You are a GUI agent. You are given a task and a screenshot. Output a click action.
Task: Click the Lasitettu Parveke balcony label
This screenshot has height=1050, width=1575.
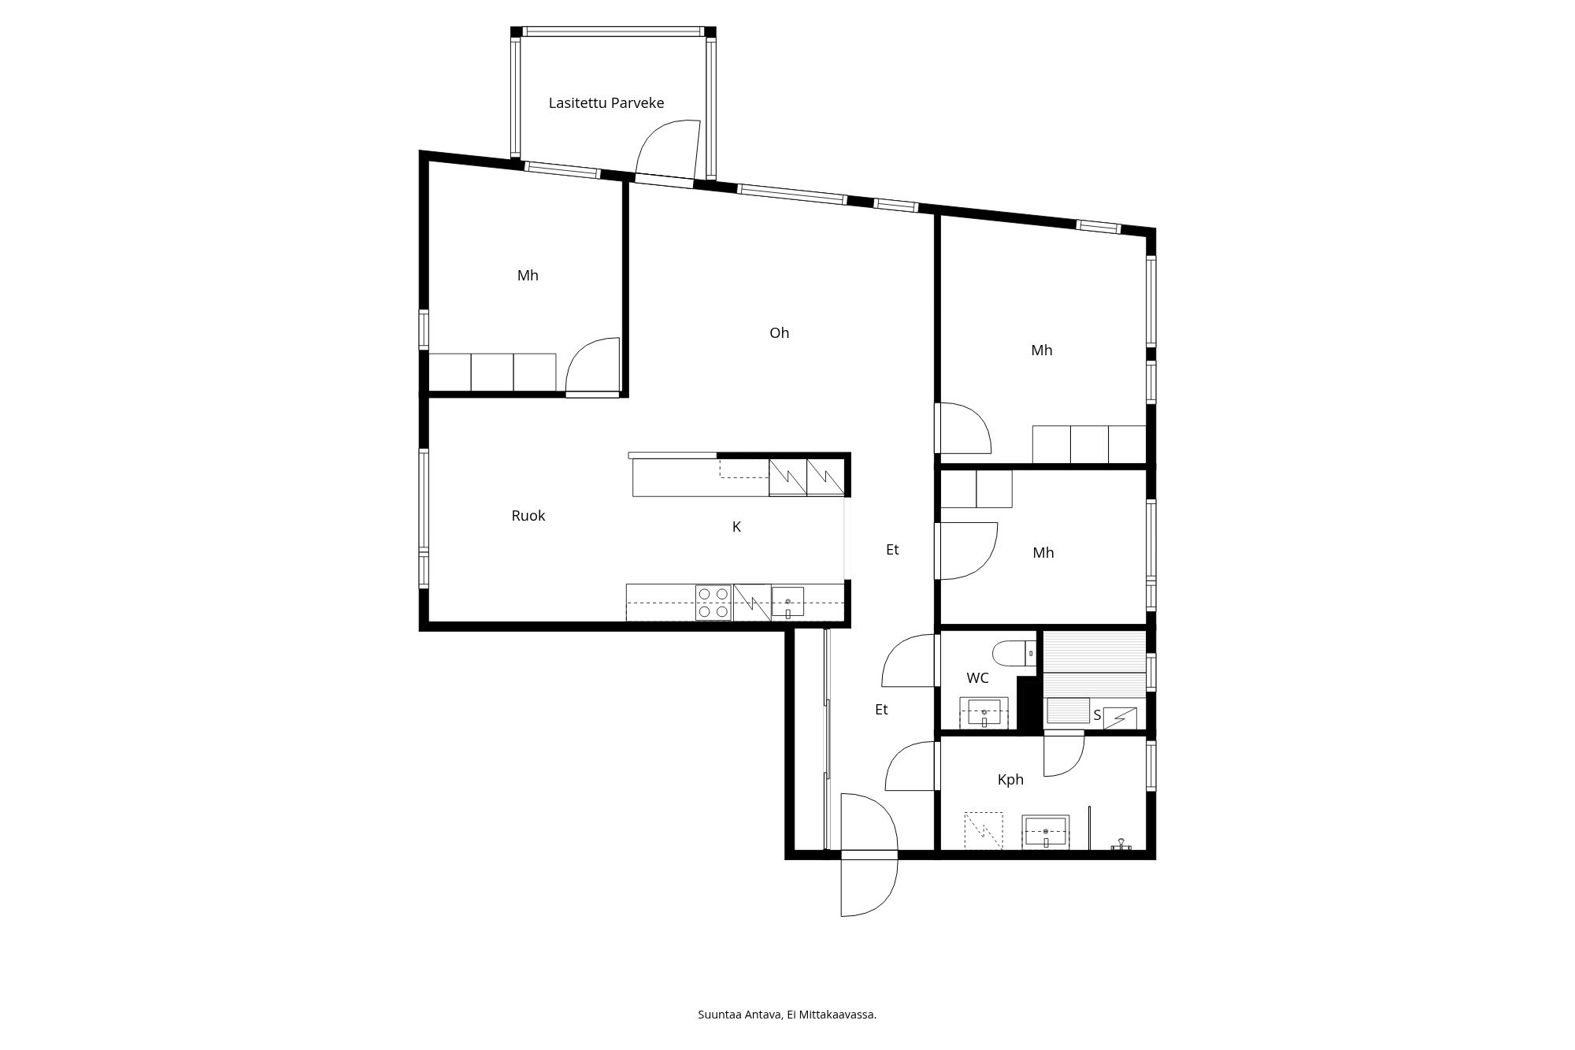coord(606,103)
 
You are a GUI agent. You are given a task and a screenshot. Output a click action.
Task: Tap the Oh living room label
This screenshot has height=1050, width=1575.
coord(779,333)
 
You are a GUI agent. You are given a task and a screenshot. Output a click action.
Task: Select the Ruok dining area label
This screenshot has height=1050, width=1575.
coord(528,516)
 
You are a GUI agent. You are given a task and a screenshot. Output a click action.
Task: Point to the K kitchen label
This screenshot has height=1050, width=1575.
coord(737,527)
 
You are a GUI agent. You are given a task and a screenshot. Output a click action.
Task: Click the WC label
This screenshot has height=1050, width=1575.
coord(977,678)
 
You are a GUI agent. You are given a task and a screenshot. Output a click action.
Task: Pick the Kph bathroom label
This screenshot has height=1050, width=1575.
coord(1010,780)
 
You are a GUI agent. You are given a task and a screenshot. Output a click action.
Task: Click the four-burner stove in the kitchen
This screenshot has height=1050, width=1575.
coord(713,603)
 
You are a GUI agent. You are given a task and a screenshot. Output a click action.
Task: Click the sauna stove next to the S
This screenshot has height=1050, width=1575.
coord(1120,718)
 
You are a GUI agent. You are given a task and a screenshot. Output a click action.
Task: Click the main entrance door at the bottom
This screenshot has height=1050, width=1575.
coord(869,855)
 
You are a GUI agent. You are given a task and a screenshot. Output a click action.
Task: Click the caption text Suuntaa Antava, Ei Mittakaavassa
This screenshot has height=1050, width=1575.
coord(787,1015)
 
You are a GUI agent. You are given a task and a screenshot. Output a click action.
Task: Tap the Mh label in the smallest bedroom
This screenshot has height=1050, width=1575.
coord(1043,553)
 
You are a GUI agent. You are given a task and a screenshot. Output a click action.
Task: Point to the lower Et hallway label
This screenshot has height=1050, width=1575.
coord(881,710)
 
